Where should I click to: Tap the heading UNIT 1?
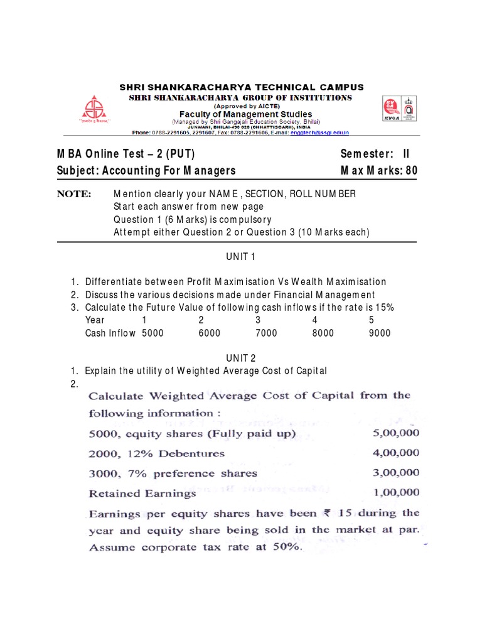[241, 256]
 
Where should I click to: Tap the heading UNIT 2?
[241, 358]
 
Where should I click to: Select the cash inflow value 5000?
[153, 333]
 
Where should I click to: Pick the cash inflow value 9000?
[380, 333]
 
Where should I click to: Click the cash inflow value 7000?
[266, 333]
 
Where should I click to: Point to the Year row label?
[95, 320]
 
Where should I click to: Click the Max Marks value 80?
[411, 170]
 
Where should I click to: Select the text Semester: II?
[378, 154]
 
